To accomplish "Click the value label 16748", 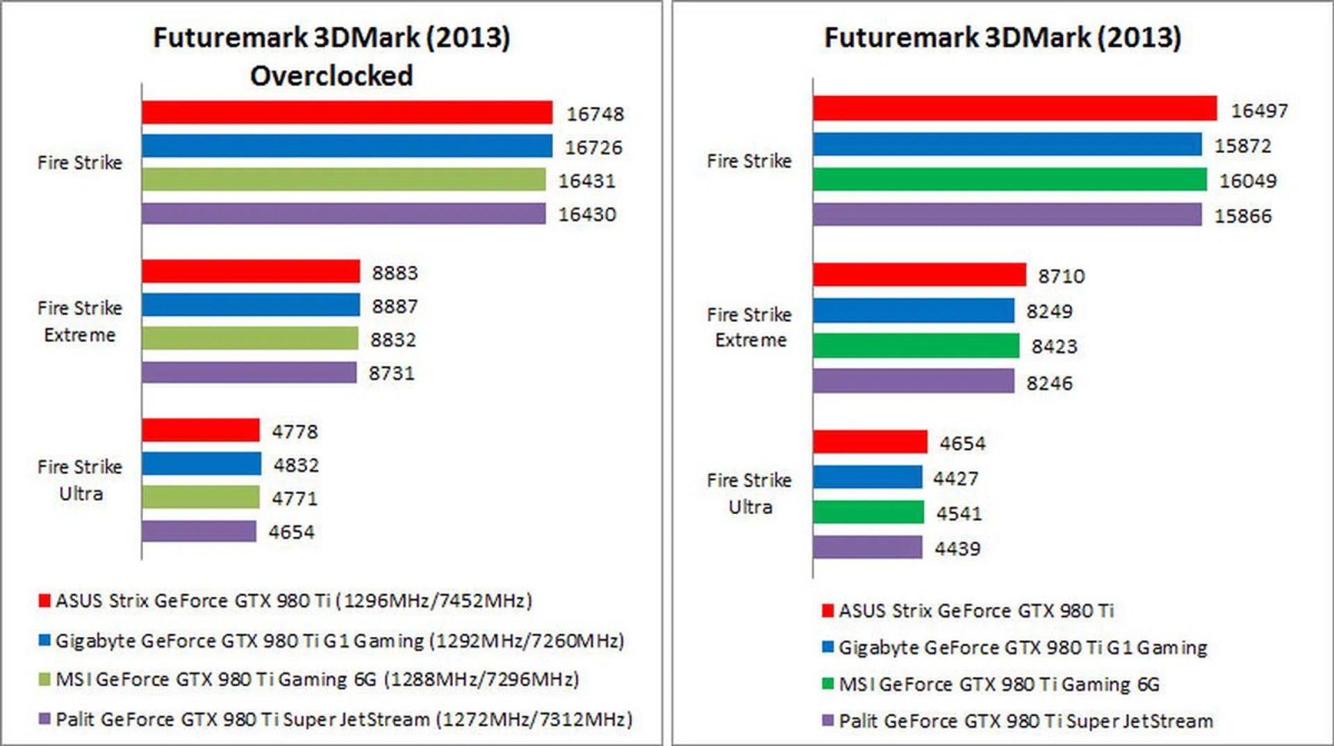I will (595, 114).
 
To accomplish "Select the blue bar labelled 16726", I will (347, 146).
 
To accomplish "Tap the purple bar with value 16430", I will (343, 214).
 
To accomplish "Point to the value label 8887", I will (395, 306).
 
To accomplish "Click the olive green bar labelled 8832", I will (250, 339).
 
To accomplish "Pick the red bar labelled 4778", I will (201, 431).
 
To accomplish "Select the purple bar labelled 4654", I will (199, 531).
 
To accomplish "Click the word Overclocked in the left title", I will (331, 76).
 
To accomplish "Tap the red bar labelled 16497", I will (1014, 109).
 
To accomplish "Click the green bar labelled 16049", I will (1010, 180).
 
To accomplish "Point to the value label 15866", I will (1242, 216).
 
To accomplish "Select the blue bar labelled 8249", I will (914, 310).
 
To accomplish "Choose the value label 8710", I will (1061, 276).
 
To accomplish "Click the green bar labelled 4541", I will (868, 513).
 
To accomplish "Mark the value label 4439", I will (957, 549).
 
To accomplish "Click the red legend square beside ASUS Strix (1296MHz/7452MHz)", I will (44, 601).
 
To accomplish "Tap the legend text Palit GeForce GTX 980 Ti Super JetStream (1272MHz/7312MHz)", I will (344, 720).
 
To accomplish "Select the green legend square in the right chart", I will (827, 684).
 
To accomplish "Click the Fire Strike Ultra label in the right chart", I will (750, 493).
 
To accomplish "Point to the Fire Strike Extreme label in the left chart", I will (80, 321).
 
